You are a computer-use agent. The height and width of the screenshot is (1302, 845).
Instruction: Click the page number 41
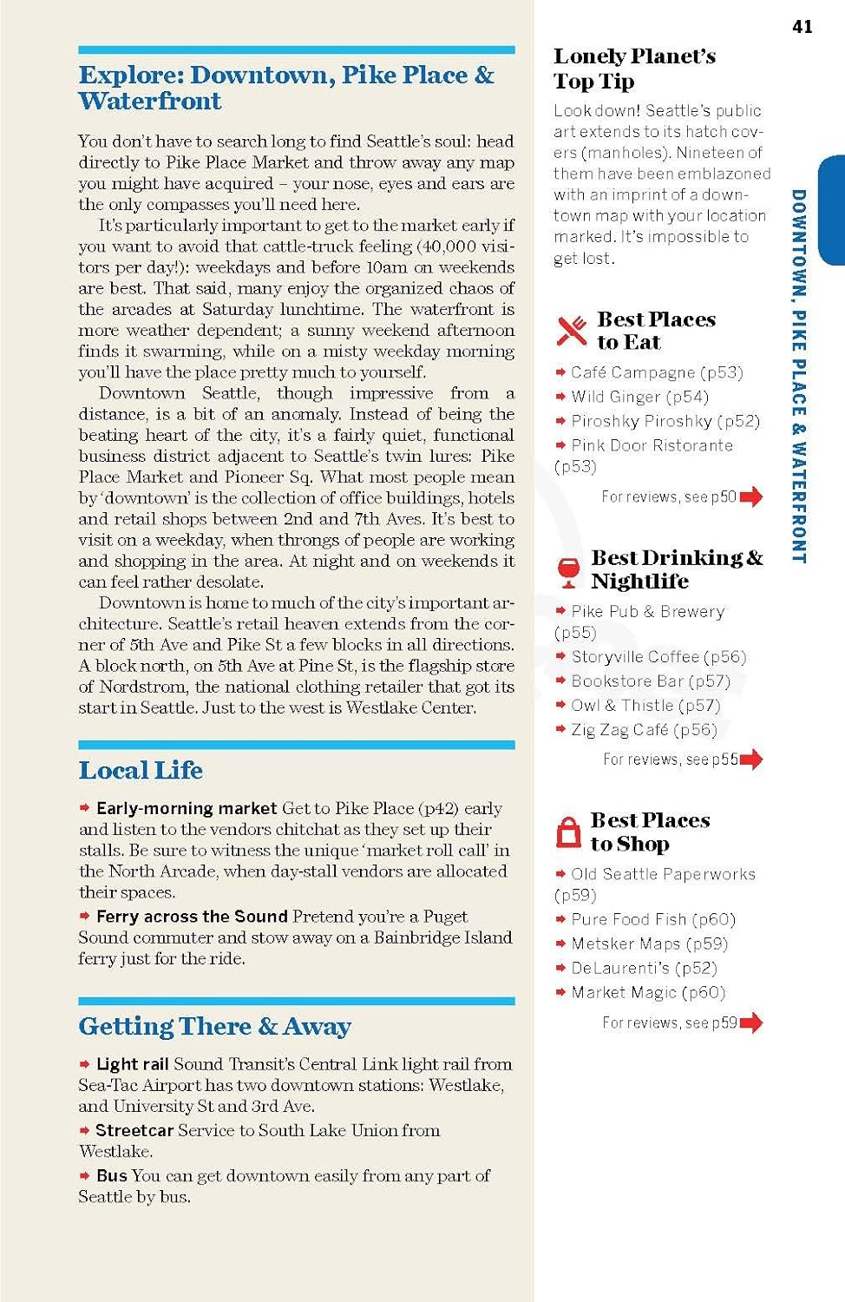pyautogui.click(x=802, y=27)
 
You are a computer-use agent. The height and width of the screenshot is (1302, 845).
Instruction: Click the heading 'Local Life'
pyautogui.click(x=141, y=770)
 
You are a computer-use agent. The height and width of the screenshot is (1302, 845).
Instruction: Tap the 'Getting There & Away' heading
pyautogui.click(x=214, y=1026)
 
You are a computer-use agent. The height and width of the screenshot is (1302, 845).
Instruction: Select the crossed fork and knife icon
pyautogui.click(x=571, y=331)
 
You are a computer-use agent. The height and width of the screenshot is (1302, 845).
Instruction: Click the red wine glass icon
pyautogui.click(x=568, y=570)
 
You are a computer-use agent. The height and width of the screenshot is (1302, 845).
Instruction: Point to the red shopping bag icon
pyautogui.click(x=568, y=832)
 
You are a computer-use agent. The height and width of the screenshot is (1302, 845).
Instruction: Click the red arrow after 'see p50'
pyautogui.click(x=751, y=496)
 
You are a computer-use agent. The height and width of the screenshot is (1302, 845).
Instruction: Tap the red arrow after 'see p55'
pyautogui.click(x=751, y=759)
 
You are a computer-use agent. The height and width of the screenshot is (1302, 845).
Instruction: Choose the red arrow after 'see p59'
pyautogui.click(x=751, y=1023)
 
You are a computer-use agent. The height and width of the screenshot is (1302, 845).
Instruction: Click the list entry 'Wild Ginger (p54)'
pyautogui.click(x=639, y=397)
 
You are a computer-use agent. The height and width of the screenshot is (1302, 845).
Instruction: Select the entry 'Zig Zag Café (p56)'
pyautogui.click(x=644, y=730)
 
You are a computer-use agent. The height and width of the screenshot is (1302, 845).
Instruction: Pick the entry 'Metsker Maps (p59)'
pyautogui.click(x=649, y=944)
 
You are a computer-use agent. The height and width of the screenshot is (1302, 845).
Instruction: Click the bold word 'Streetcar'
pyautogui.click(x=134, y=1130)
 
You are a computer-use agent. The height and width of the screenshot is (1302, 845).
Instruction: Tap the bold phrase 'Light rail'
pyautogui.click(x=132, y=1064)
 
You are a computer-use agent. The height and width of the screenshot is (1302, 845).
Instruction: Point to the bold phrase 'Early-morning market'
pyautogui.click(x=187, y=808)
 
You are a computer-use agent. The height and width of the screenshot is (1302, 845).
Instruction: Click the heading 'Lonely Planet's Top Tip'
pyautogui.click(x=634, y=69)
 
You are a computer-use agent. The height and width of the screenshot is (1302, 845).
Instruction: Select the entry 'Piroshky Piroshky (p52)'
pyautogui.click(x=665, y=421)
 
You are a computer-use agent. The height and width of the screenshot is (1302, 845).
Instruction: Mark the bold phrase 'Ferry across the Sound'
pyautogui.click(x=192, y=917)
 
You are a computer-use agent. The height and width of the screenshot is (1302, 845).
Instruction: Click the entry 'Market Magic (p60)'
pyautogui.click(x=648, y=992)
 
